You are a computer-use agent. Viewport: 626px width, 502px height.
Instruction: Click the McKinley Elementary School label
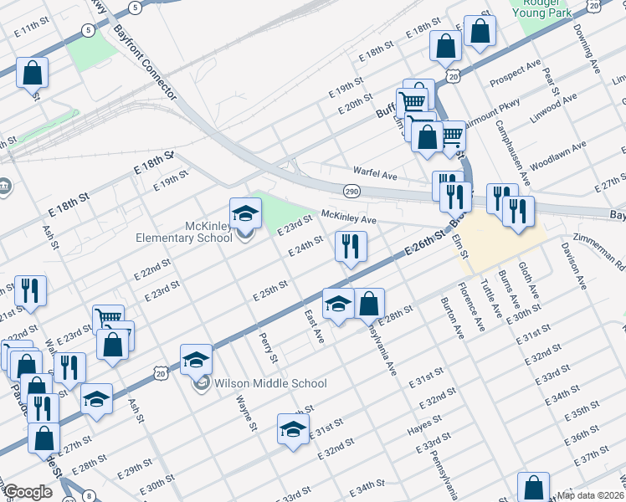click(184, 232)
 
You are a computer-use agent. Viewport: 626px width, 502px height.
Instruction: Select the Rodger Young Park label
click(545, 9)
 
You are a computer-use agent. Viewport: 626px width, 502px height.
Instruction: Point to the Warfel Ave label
click(374, 174)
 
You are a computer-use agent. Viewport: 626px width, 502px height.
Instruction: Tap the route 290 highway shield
click(351, 192)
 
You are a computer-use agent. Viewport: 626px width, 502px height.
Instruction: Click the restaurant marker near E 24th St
click(350, 246)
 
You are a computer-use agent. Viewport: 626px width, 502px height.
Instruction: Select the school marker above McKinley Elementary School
click(245, 213)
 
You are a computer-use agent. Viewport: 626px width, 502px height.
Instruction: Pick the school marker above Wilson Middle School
click(196, 360)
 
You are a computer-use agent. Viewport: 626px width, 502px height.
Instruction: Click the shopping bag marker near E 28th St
click(369, 305)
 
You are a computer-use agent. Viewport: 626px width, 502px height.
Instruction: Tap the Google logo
click(27, 492)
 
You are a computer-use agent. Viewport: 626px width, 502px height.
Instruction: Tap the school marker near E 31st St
click(292, 429)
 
